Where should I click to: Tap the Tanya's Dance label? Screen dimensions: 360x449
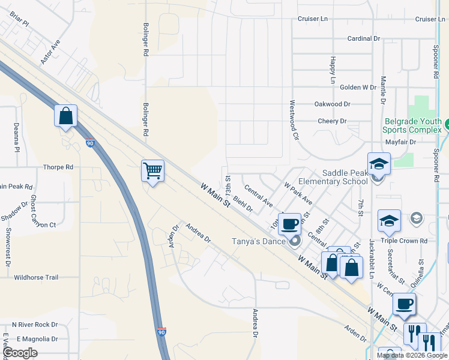click(x=262, y=242)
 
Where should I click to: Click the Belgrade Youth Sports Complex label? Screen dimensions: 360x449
click(x=412, y=125)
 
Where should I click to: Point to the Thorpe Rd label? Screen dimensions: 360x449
click(x=58, y=167)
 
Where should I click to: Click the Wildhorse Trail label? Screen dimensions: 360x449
click(x=36, y=277)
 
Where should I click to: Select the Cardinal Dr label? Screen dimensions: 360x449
click(x=364, y=38)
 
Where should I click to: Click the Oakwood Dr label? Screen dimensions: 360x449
click(x=332, y=104)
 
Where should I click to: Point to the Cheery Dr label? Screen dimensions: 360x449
click(x=332, y=121)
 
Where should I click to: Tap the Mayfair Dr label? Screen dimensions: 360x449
click(x=400, y=142)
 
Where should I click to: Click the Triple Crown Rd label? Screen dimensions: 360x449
click(x=407, y=240)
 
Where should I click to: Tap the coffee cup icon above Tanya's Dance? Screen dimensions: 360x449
click(x=290, y=223)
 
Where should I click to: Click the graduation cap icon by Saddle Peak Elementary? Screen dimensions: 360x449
click(x=379, y=163)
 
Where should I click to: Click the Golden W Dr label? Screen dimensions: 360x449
click(x=358, y=87)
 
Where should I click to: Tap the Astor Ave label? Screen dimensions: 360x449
click(x=50, y=52)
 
